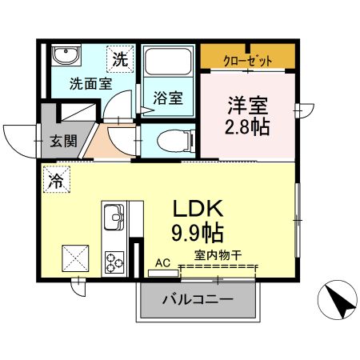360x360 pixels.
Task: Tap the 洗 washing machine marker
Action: pos(119,58)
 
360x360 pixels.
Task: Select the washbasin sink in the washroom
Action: pos(63,57)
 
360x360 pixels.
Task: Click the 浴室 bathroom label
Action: pos(168,98)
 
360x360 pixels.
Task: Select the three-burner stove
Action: pos(113,262)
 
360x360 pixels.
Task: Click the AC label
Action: pos(163,262)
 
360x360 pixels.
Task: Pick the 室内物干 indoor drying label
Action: pos(218,257)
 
